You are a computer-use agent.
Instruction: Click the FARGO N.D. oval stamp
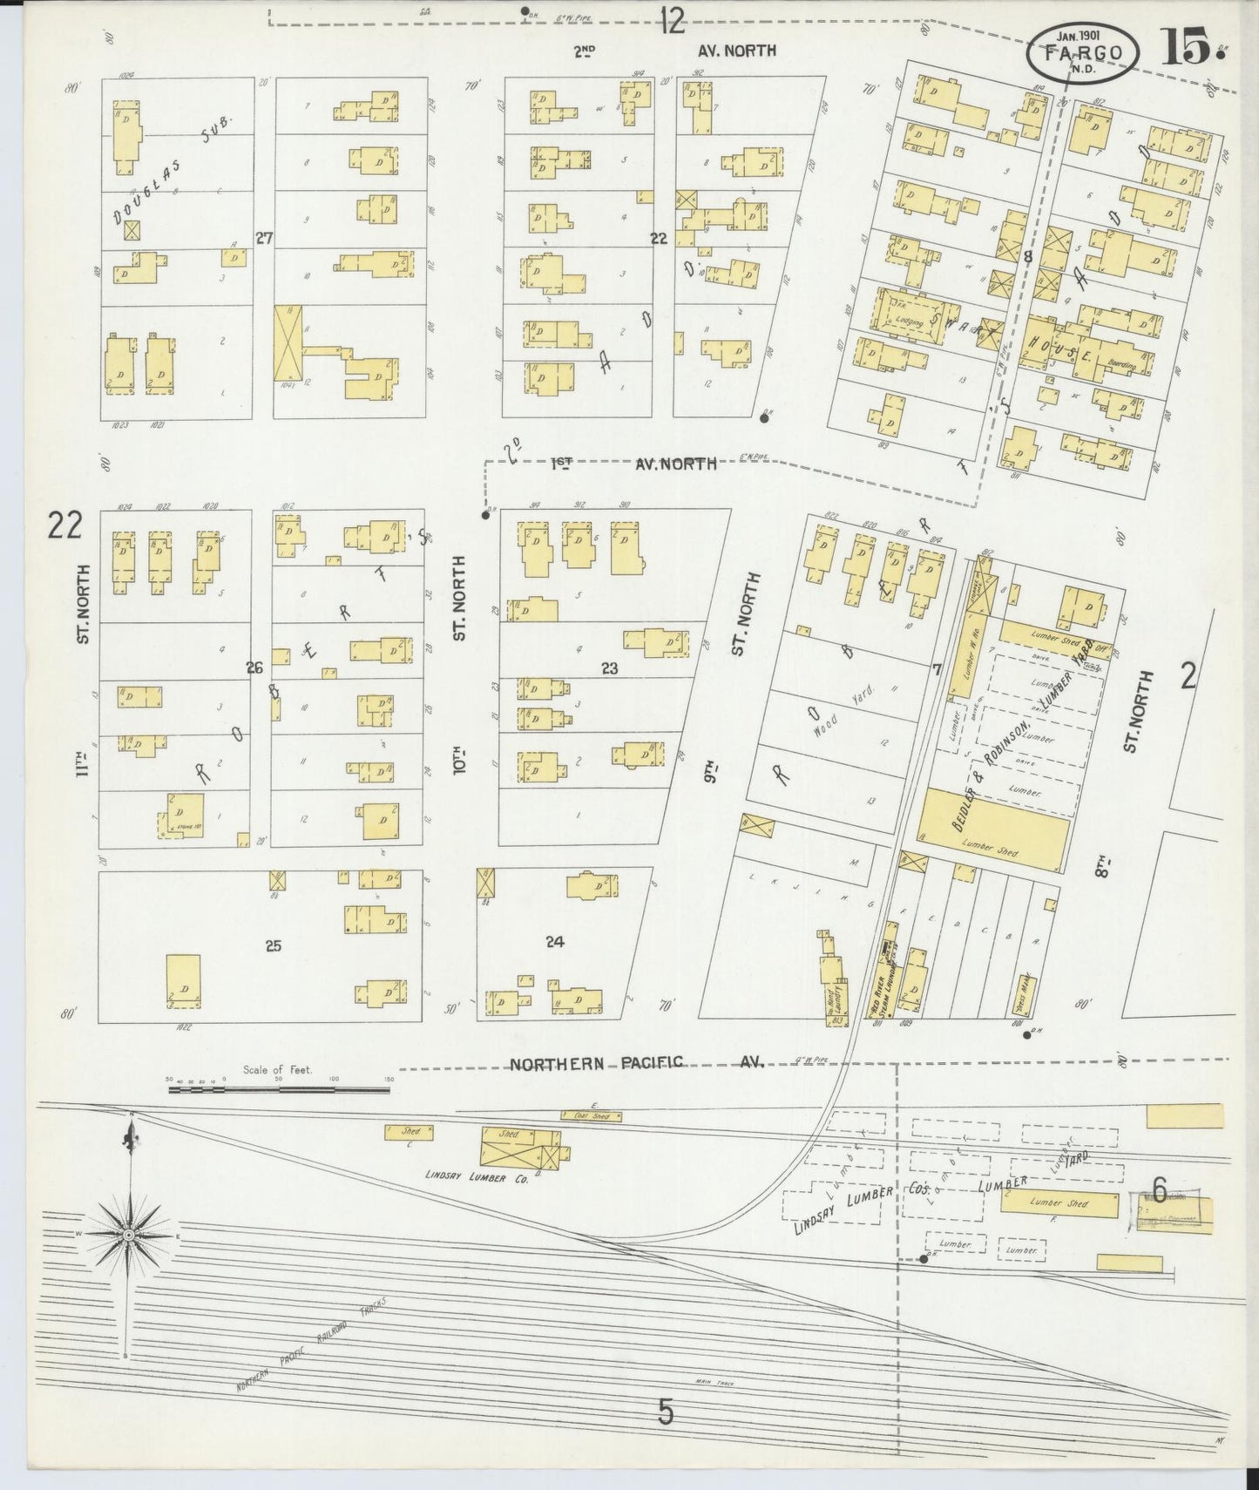[x=1083, y=52]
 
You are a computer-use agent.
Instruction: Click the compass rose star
[x=129, y=1235]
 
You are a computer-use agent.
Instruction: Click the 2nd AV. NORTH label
[x=674, y=51]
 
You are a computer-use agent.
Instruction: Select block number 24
[x=555, y=941]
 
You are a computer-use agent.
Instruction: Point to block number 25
[x=273, y=945]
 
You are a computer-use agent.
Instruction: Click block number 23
[x=609, y=668]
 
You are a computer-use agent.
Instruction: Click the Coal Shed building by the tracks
[x=592, y=1115]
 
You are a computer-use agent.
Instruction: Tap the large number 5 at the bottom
[x=666, y=1412]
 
